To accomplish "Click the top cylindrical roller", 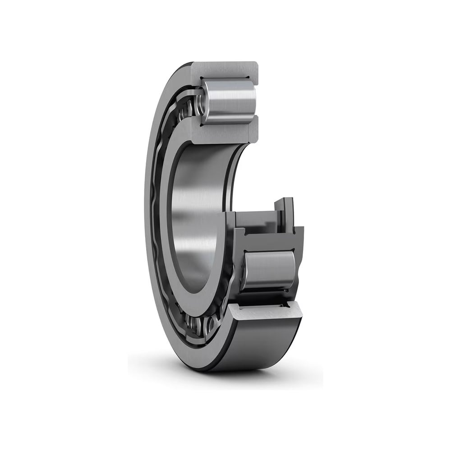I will coord(228,101).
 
